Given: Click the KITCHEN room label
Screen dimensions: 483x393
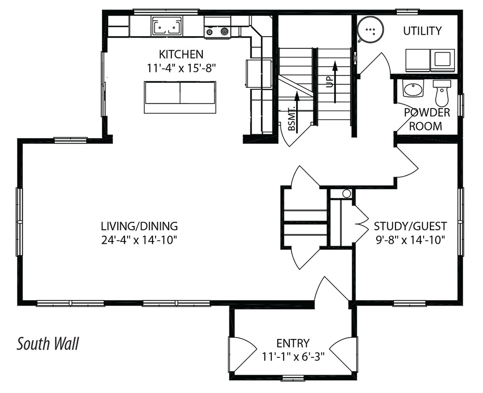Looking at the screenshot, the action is (x=181, y=54).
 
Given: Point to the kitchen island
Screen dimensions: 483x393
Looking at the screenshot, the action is (x=180, y=97).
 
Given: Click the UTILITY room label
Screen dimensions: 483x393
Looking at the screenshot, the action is (x=422, y=31).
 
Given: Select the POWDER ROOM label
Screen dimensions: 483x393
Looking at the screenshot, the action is (x=426, y=119).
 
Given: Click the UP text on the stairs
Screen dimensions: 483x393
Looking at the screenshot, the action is (x=329, y=83).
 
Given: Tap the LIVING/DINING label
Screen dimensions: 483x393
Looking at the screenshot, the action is (x=139, y=226).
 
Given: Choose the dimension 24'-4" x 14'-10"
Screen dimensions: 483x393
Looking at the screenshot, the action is (x=139, y=239).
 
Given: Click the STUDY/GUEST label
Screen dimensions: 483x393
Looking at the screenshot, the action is (x=410, y=226).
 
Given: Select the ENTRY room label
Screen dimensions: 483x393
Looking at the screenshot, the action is (x=293, y=343).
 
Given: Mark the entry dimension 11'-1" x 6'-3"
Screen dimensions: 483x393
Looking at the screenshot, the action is (x=294, y=356).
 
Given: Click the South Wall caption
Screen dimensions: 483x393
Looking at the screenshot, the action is (x=47, y=343).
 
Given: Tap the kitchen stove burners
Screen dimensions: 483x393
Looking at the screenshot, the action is (x=217, y=31).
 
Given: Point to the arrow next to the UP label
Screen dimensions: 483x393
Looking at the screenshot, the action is (x=335, y=81).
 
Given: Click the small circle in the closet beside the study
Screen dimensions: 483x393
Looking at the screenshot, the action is (x=346, y=194).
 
